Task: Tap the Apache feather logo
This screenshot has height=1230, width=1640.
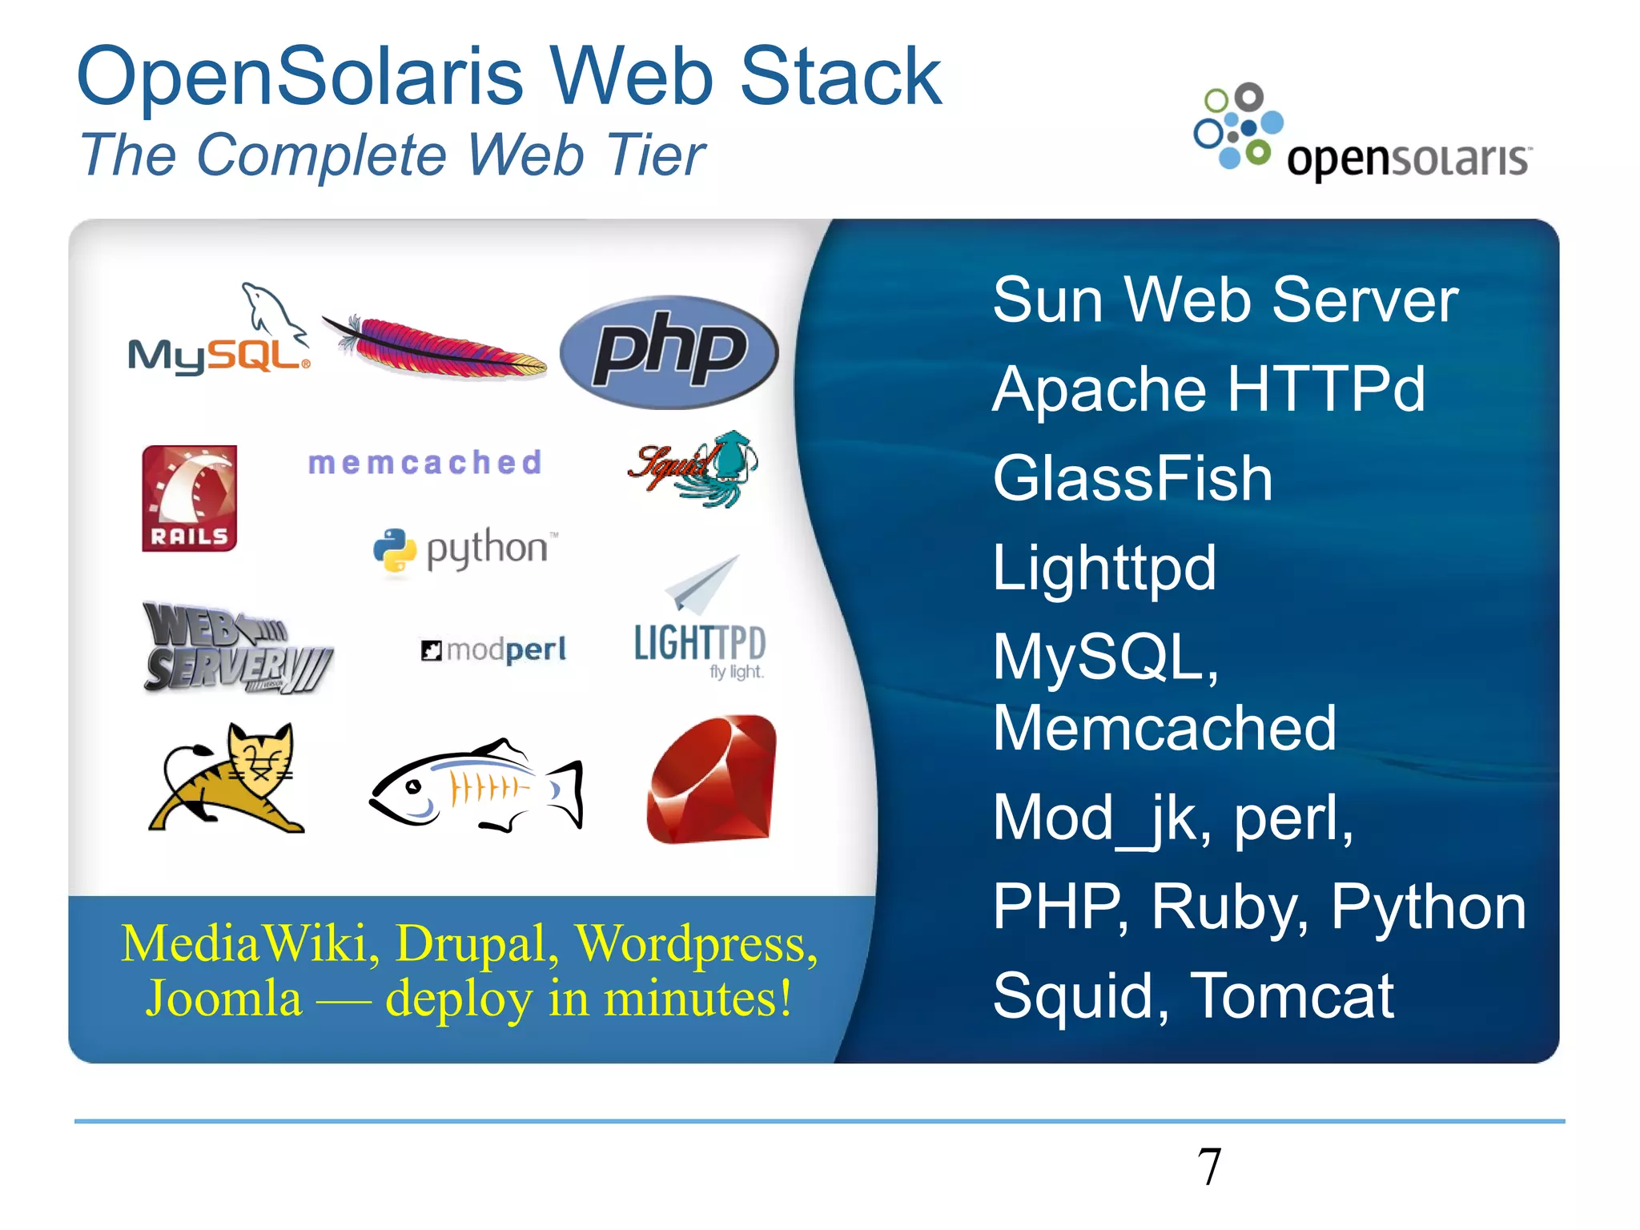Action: point(436,346)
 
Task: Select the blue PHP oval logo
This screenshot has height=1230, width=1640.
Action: point(669,352)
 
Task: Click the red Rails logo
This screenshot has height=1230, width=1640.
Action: point(190,498)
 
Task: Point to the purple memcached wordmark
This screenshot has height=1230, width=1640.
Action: point(425,463)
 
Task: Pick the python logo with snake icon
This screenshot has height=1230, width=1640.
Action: point(464,550)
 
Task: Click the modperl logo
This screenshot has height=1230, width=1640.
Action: point(494,649)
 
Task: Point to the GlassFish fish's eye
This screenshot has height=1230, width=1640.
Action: point(413,787)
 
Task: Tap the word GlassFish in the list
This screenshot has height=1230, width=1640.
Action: point(1132,478)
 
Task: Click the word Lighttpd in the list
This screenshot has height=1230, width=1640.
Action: point(1104,568)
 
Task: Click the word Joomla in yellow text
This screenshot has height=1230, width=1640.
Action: point(224,999)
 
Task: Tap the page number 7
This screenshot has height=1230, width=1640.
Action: point(1209,1167)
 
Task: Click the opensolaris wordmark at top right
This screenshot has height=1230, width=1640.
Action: point(1409,159)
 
